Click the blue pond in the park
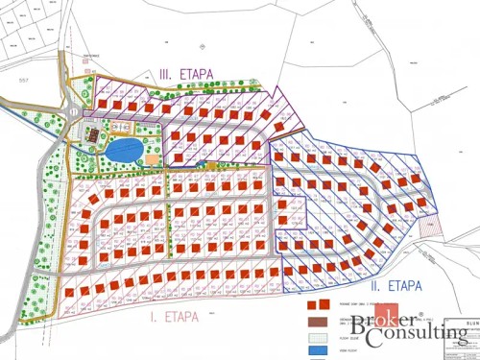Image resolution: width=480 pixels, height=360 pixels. coord(122,150)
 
